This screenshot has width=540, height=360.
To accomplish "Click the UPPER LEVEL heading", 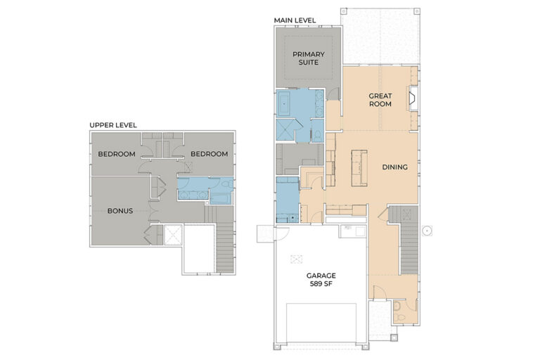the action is pos(113,125).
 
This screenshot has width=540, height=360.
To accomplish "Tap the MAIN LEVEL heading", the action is pos(295,20).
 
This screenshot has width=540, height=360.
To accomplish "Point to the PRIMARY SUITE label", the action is pos(309,58).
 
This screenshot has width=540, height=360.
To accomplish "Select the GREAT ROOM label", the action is pos(380,100).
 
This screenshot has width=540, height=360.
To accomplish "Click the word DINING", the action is pos(395,167).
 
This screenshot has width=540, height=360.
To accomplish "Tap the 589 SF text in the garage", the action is pos(321,284).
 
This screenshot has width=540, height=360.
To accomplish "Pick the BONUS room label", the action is pos(120,211).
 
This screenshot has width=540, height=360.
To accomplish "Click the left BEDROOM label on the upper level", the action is pos(117,154).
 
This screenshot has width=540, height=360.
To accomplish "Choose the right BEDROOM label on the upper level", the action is pos(210,154).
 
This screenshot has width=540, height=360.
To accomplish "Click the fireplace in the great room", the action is pos(413,98).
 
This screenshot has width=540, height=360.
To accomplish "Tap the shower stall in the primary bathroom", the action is pos(286,130).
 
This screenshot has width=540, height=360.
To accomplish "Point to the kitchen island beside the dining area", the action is pos(359,168).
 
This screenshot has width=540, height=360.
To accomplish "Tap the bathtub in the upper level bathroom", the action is pos(221,199).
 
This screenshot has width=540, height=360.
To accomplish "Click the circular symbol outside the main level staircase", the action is pos(427,231).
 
